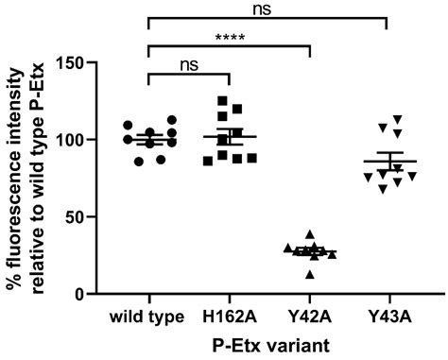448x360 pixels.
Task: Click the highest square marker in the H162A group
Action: click(x=222, y=100)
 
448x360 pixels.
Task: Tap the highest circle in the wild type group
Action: click(x=171, y=120)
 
